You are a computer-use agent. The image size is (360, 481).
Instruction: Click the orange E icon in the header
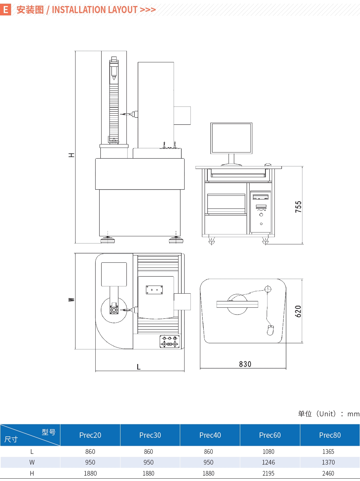(x=5, y=10)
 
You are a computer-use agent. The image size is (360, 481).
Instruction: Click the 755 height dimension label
(x=298, y=206)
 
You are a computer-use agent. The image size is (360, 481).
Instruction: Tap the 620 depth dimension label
(x=298, y=311)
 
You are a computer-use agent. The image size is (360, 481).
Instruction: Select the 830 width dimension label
(x=245, y=364)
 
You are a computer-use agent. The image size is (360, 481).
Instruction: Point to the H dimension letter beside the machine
(x=71, y=155)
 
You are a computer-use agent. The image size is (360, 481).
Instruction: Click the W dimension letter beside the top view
(x=71, y=300)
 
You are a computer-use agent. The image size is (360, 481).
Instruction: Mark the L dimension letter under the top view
(x=139, y=367)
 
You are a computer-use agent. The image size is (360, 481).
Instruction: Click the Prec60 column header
(x=270, y=435)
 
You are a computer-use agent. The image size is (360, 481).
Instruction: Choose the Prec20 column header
(x=90, y=435)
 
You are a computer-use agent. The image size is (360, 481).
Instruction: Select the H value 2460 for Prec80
(x=328, y=473)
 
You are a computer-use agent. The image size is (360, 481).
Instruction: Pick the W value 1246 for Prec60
(x=268, y=462)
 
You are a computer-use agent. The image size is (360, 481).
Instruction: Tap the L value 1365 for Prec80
(x=328, y=452)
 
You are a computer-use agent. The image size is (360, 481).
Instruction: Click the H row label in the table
(x=32, y=473)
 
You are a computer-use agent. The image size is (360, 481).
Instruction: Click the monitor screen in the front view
(x=231, y=138)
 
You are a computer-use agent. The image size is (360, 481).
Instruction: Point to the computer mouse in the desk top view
(x=270, y=330)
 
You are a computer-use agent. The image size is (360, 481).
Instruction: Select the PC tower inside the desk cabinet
(x=261, y=212)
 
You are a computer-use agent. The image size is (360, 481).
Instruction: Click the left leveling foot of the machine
(x=108, y=240)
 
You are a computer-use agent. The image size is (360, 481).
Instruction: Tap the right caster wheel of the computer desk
(x=265, y=241)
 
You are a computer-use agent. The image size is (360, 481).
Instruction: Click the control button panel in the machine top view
(x=170, y=342)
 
